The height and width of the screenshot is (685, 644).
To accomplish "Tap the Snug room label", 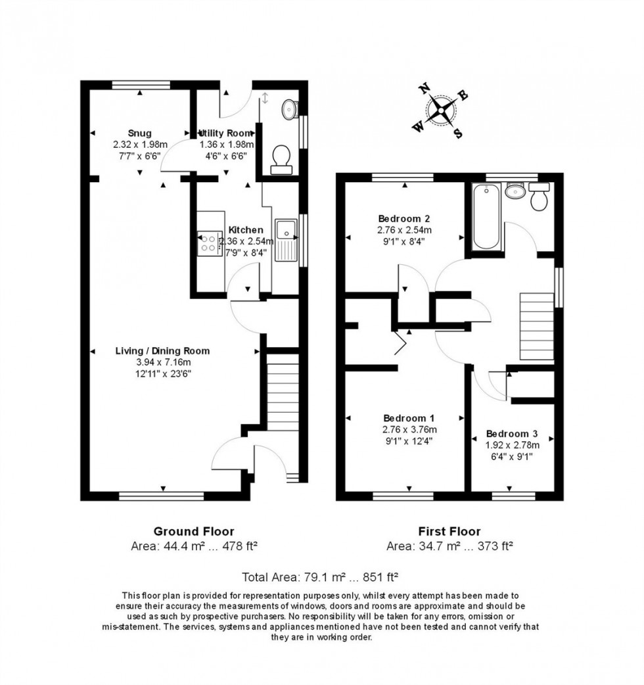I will click(x=140, y=133).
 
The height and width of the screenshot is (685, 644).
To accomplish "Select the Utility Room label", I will click(x=227, y=133).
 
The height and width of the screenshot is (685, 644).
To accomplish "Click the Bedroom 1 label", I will click(x=409, y=418).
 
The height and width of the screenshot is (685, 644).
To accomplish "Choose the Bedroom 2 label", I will click(x=404, y=218).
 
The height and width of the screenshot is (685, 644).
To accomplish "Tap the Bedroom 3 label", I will click(x=512, y=434).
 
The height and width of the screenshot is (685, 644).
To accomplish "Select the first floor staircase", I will click(x=537, y=327).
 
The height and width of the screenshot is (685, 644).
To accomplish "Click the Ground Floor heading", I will click(x=193, y=531).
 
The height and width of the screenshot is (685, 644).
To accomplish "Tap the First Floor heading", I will click(x=449, y=531).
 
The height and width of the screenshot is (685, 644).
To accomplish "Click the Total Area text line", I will click(x=321, y=578).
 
